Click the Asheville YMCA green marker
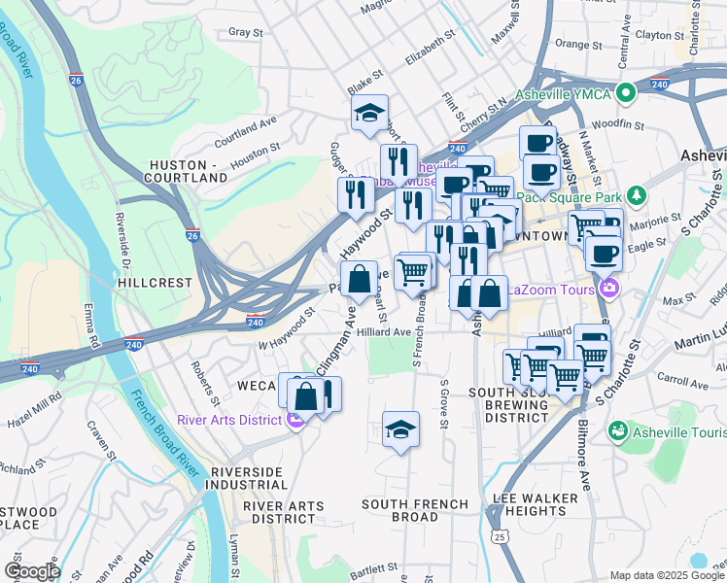627,93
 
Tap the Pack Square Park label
573,194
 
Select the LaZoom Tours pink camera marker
609,288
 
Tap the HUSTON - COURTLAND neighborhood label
185,171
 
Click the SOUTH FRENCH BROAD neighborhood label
414,510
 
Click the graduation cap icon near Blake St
369,115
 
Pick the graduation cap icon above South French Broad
399,430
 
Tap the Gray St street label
246,32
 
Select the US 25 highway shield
500,535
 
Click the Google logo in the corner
32,571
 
